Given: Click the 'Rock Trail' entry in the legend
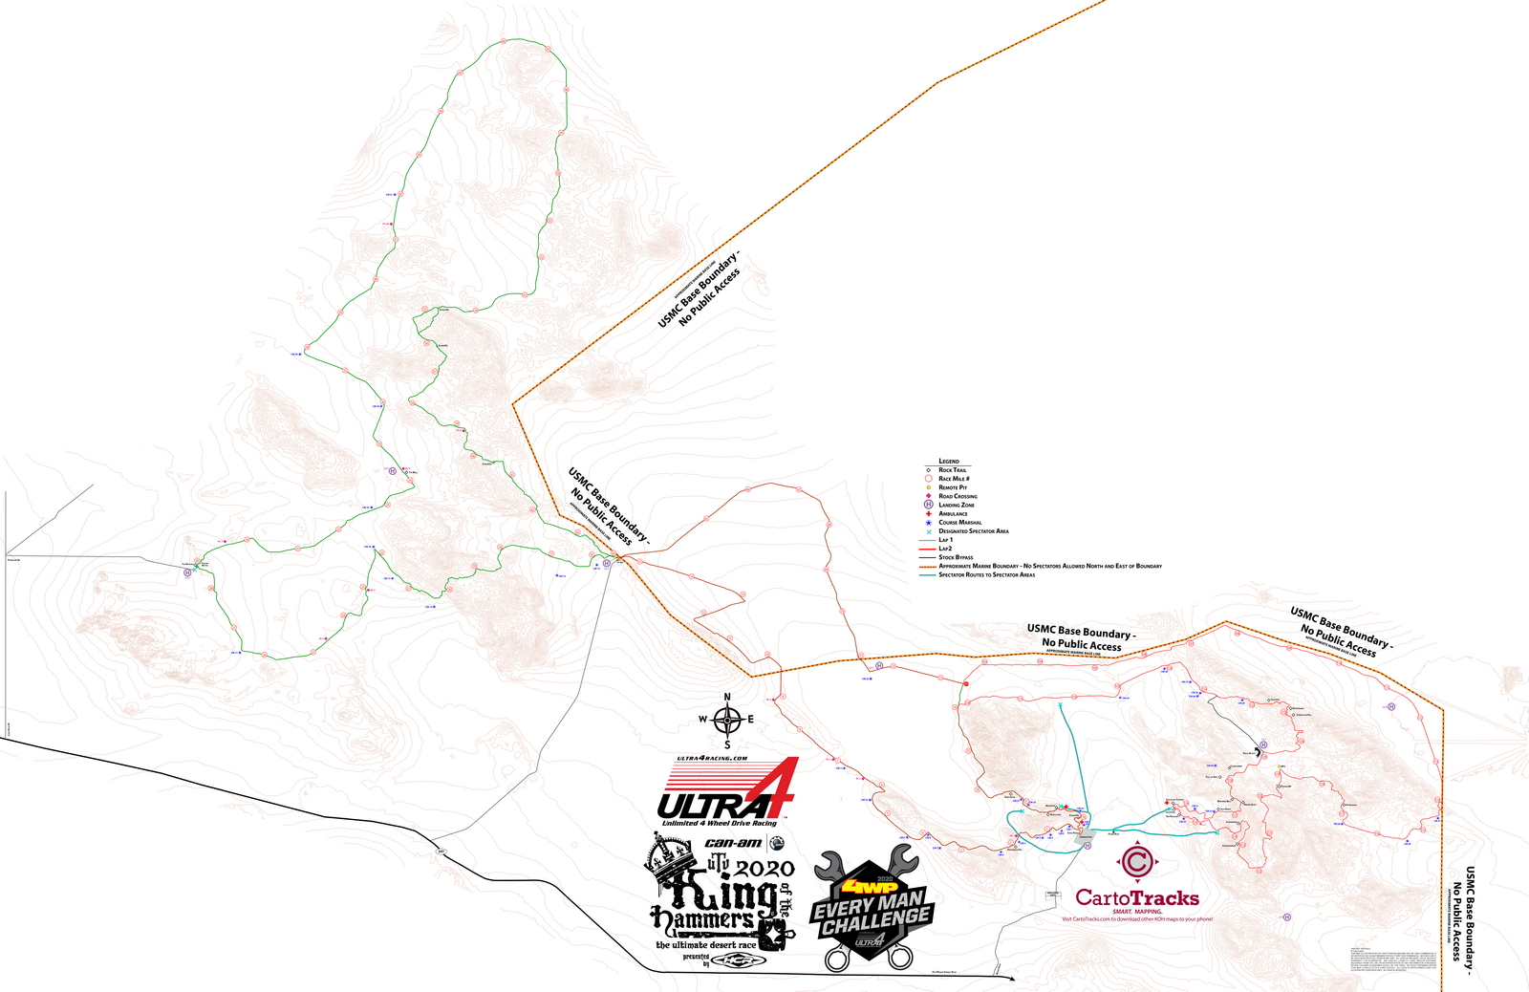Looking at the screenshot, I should point(953,470).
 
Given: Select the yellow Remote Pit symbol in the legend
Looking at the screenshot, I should point(928,487).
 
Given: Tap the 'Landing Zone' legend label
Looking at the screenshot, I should point(957,505).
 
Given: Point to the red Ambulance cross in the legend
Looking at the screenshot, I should point(928,513).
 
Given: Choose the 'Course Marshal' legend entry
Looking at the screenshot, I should point(959,523).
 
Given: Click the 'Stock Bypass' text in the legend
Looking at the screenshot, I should point(956,557).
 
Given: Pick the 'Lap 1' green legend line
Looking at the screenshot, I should point(927,540).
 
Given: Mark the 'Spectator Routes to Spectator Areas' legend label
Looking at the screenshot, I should point(986,574).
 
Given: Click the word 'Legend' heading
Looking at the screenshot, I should point(949,461).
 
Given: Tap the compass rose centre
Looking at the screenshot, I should point(727,720).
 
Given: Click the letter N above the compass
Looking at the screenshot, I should point(727,698).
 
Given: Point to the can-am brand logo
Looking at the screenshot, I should point(733,843).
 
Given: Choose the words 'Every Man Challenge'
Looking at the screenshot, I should point(871,912).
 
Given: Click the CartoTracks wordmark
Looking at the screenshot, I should point(1136,897).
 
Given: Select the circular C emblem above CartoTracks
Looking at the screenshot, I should point(1137,862).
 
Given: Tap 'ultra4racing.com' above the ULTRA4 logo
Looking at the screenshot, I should point(712,759).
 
